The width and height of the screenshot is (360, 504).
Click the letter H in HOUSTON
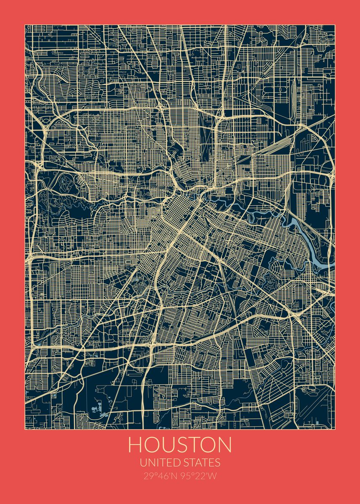[135, 445]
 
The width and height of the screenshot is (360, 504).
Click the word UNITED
[161, 463]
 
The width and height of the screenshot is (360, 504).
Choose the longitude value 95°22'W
[199, 476]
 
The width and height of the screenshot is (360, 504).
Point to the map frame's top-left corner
[25, 25]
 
